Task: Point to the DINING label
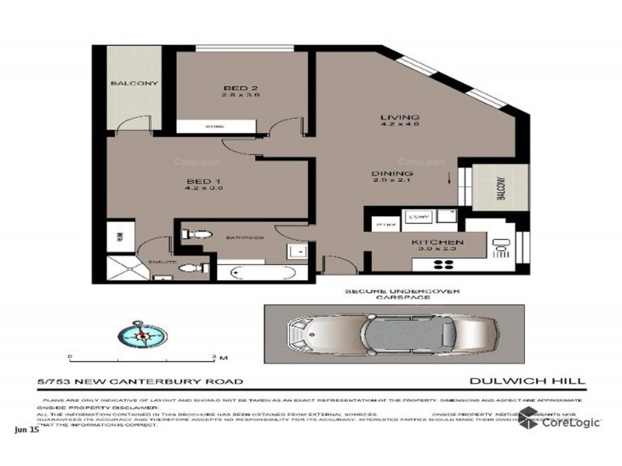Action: pyautogui.click(x=391, y=174)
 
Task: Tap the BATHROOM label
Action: pyautogui.click(x=246, y=236)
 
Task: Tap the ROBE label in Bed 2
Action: pyautogui.click(x=214, y=126)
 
